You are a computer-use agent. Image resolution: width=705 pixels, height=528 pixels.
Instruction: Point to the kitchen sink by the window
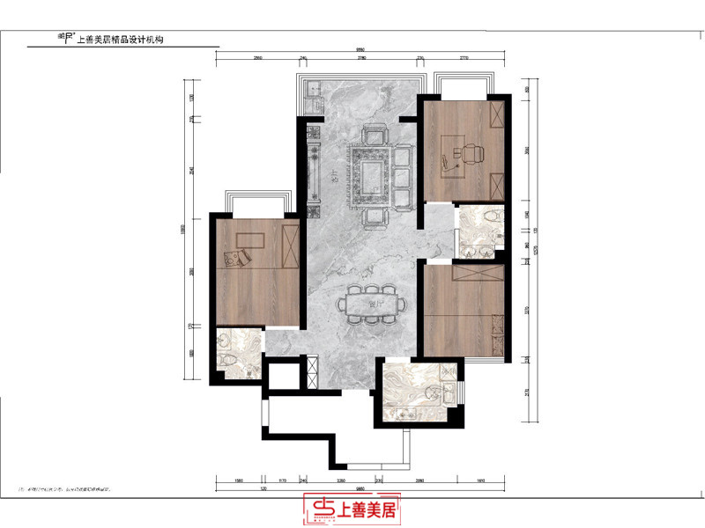coord(310,90)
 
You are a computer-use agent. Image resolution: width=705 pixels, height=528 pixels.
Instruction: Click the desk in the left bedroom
coord(250,240)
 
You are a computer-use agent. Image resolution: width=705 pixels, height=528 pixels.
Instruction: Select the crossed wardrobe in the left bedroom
coord(288,246)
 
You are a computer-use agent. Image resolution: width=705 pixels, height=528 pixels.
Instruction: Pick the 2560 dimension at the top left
coord(258,59)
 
